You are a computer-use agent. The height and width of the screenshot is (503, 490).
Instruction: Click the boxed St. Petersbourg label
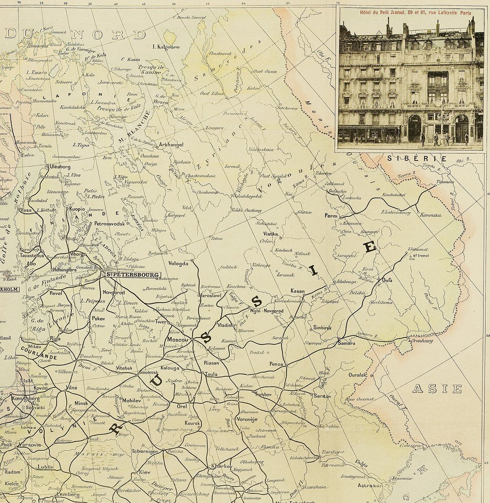[x=132, y=275]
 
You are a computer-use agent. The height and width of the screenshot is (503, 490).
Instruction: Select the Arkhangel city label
[x=171, y=145]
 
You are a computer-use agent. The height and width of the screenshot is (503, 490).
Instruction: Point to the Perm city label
[x=331, y=216]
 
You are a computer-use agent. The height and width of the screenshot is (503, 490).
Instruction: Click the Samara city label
[x=346, y=343]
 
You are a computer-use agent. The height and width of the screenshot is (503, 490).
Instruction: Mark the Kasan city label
[x=298, y=291]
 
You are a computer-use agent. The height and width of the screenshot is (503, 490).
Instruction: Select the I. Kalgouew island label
[x=166, y=47]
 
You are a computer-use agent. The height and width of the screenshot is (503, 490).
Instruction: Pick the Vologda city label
[x=178, y=263]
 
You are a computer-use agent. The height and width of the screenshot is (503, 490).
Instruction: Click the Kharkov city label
[x=221, y=466]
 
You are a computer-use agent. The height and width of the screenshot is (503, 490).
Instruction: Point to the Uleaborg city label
[x=61, y=166]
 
